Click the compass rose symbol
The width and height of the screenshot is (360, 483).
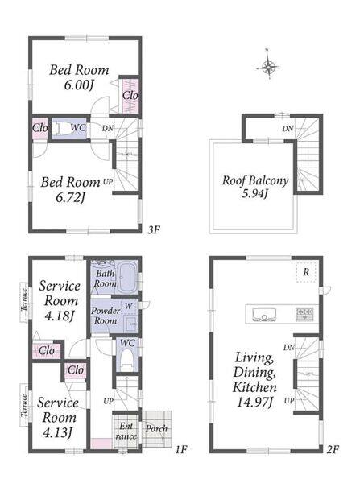268,65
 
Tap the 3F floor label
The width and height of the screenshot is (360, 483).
154,229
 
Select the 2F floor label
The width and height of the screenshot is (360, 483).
333,449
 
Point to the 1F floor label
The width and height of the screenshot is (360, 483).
181,449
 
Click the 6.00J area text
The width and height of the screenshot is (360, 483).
79,85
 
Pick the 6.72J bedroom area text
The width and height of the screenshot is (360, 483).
70,197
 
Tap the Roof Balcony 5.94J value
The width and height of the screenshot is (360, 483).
254,193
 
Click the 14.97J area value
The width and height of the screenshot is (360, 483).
254,402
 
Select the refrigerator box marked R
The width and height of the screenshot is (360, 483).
306,272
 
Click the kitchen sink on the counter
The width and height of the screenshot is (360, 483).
264,314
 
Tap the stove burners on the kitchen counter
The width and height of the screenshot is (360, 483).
304,314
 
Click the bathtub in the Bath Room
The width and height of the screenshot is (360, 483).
128,277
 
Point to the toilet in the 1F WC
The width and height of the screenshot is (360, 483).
126,361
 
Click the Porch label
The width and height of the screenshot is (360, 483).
156,428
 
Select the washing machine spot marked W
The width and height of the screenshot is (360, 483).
129,306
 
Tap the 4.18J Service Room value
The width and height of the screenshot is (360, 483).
60,316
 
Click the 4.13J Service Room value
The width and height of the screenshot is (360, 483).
58,432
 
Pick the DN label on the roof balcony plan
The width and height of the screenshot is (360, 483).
288,129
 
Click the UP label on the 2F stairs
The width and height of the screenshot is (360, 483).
289,400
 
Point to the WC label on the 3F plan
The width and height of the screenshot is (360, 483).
78,127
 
